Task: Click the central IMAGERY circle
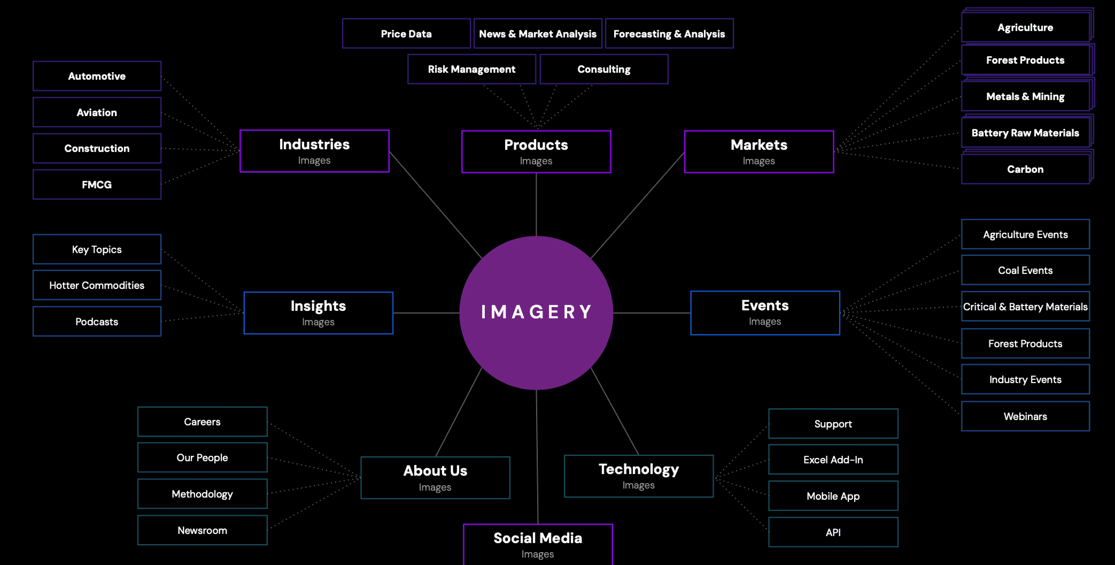536,312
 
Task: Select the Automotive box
97,76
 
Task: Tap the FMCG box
97,185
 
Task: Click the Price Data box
406,34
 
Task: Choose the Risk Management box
471,69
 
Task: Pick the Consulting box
604,69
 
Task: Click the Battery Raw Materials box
1025,133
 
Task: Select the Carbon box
1025,169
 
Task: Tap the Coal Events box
1025,270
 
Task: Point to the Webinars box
1025,416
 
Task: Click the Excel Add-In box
833,460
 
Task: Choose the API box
833,532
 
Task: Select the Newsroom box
202,530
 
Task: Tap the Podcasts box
97,322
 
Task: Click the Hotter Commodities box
97,285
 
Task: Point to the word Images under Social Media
538,554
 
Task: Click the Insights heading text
318,306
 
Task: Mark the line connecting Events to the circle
652,313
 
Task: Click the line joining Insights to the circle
427,313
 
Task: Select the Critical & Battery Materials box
1025,307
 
